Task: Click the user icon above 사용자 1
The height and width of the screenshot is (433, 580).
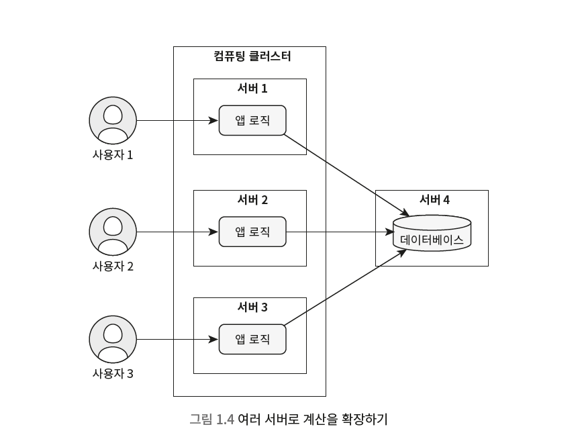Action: point(113,121)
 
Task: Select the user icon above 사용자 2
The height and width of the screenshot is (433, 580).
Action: point(113,232)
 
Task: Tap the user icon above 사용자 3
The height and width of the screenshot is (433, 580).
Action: point(113,340)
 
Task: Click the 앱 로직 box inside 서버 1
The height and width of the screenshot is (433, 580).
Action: point(252,121)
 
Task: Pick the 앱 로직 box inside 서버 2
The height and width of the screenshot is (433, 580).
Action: point(252,232)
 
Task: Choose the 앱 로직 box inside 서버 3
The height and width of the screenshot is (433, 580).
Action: point(252,340)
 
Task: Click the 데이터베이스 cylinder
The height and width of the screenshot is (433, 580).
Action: point(432,233)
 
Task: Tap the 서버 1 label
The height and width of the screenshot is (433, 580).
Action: point(252,88)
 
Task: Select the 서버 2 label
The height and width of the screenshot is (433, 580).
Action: point(252,199)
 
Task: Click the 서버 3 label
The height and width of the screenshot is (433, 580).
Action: point(252,307)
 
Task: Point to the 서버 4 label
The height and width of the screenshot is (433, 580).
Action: point(434,199)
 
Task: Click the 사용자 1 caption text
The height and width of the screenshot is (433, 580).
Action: point(113,154)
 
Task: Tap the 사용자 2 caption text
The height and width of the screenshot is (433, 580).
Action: point(113,266)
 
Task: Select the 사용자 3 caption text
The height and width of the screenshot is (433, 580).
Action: point(113,373)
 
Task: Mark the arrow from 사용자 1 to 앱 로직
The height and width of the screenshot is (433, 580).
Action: point(177,121)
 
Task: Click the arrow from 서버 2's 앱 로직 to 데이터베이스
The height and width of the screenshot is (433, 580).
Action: point(339,232)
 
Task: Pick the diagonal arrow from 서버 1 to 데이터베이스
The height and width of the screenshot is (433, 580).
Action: point(346,174)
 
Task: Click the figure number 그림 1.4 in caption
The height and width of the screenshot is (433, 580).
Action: point(211,420)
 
